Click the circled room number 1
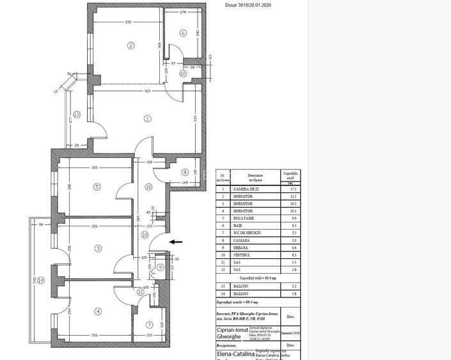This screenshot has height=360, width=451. [148, 118]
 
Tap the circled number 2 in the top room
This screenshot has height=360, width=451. [131, 45]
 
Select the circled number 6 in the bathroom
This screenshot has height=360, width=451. [183, 33]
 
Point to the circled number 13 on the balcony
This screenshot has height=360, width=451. [77, 114]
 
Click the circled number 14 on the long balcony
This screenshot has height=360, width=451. [41, 280]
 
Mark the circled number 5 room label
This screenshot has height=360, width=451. [97, 187]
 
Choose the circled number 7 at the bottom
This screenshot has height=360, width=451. [150, 325]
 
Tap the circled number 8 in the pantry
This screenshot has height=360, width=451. [185, 172]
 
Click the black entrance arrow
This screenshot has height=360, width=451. [175, 242]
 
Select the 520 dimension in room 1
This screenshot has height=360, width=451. [148, 91]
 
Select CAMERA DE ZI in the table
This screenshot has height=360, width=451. [246, 189]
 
